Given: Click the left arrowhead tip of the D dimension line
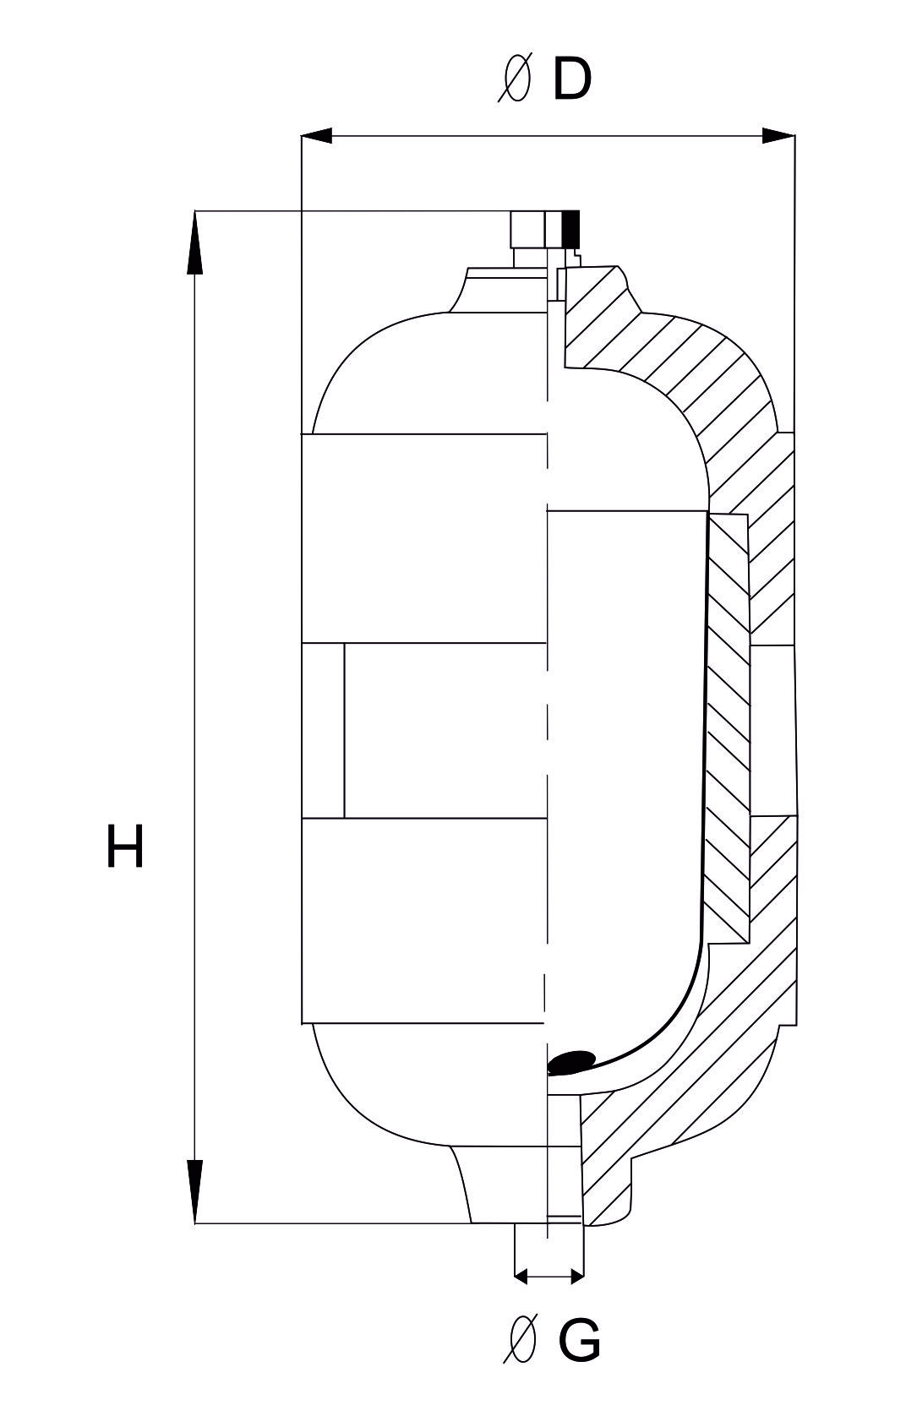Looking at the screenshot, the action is (301, 135).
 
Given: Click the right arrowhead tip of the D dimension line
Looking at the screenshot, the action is (794, 135).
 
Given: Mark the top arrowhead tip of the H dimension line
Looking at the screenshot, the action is (195, 211).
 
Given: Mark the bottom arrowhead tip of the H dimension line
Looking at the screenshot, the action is (195, 1223).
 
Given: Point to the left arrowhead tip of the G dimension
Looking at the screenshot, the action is (515, 1277).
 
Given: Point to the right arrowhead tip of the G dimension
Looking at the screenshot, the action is (583, 1277).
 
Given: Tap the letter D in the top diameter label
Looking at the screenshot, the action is (572, 79).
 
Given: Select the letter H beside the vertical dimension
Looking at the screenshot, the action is (125, 847).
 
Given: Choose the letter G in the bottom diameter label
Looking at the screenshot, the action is (579, 1337).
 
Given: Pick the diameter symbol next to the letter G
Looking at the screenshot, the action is (520, 1337).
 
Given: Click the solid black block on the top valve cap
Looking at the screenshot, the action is (570, 229).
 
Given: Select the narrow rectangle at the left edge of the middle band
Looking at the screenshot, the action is (323, 730).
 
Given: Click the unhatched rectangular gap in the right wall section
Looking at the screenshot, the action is (772, 731).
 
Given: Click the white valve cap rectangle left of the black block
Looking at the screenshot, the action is (528, 230).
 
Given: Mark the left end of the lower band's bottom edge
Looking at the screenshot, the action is (302, 1022).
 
